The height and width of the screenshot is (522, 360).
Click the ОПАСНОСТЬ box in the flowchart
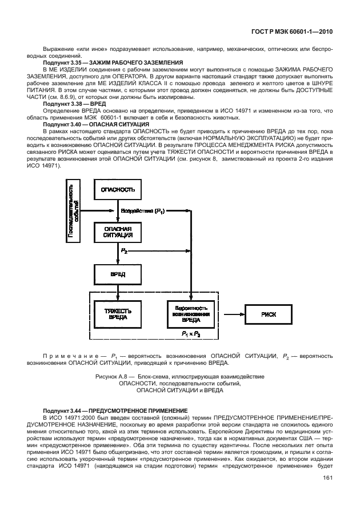[x=118, y=189]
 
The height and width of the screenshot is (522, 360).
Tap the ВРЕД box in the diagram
[x=118, y=274]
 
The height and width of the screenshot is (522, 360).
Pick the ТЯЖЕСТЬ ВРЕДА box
[x=118, y=314]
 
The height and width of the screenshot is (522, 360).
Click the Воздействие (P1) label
[x=143, y=211]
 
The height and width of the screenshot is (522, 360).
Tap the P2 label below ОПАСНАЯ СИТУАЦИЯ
[x=125, y=251]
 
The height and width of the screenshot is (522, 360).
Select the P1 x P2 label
[x=191, y=333]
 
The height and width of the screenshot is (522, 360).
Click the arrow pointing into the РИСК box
[x=235, y=314]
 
